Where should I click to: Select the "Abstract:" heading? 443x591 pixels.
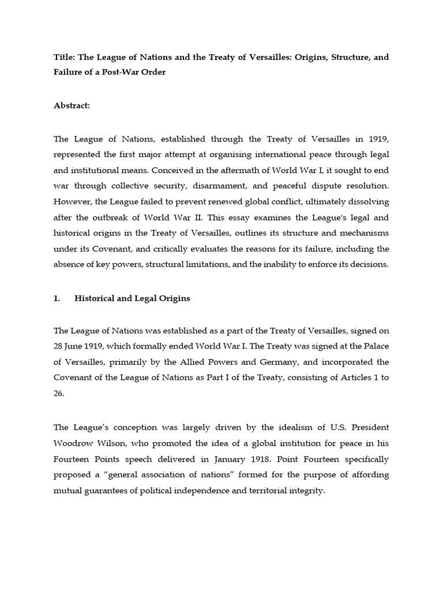coord(73,106)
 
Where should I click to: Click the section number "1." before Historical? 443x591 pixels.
coord(57,298)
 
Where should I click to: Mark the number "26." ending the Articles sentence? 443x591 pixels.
coord(59,393)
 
